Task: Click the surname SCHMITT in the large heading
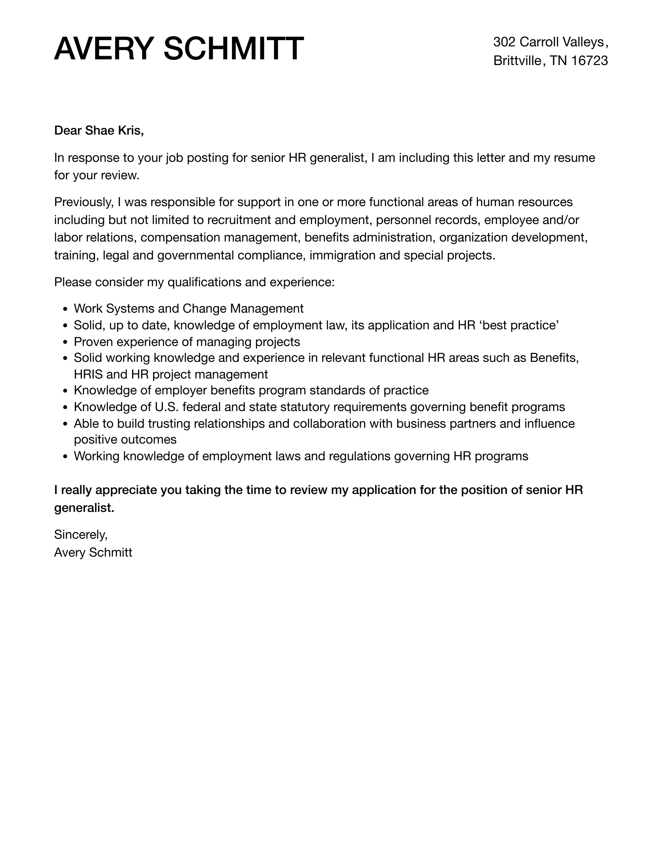click(x=233, y=49)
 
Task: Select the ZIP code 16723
click(x=589, y=61)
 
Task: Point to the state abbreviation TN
click(x=558, y=61)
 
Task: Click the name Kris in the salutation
click(x=131, y=131)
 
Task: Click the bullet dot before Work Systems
click(x=65, y=309)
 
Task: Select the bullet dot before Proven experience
click(x=65, y=342)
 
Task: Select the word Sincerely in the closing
click(x=80, y=535)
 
